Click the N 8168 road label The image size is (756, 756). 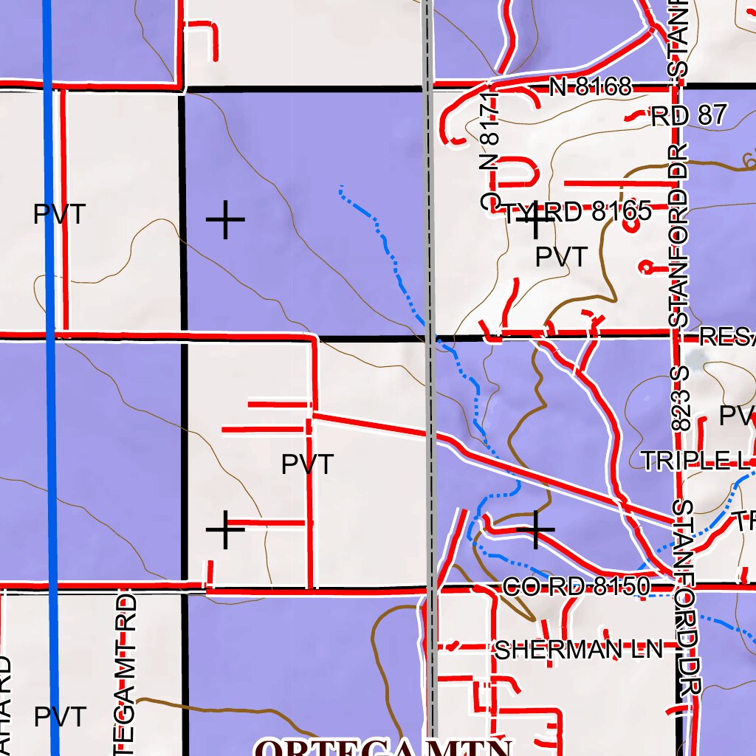(x=591, y=88)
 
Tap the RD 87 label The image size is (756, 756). (x=689, y=115)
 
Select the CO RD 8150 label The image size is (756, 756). (x=576, y=587)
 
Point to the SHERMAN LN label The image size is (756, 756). (x=578, y=650)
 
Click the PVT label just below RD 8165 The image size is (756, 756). (x=561, y=257)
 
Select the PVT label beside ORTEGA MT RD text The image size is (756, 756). (x=60, y=716)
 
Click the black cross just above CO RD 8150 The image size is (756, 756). (x=535, y=529)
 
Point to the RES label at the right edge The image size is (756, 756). (x=726, y=337)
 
